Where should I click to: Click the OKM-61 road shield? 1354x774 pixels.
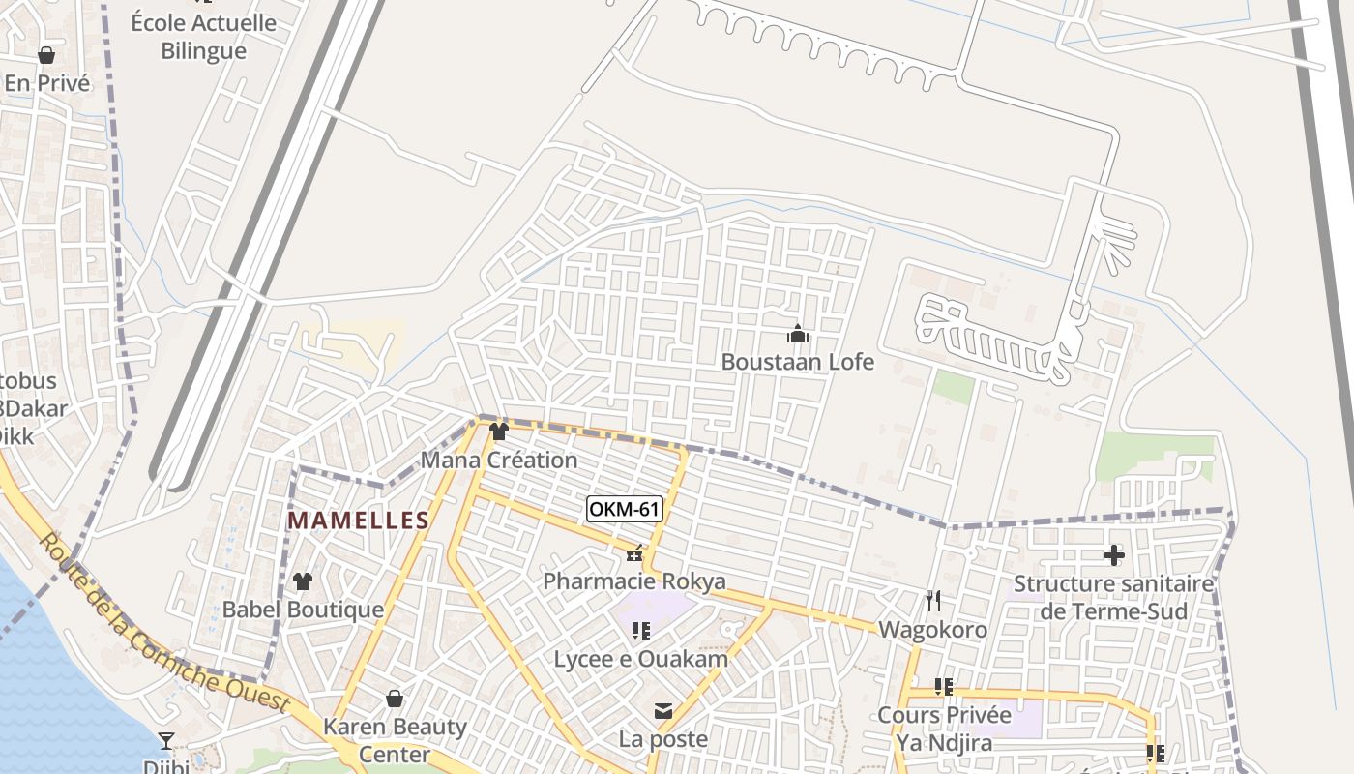[624, 508]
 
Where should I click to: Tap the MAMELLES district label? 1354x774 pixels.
[358, 521]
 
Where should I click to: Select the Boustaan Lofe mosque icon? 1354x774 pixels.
[798, 335]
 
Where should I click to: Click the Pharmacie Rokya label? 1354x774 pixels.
[633, 581]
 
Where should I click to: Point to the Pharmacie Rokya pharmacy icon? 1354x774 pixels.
[634, 554]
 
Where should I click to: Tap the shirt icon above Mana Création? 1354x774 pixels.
[498, 432]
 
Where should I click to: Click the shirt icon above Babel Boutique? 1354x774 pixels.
[303, 581]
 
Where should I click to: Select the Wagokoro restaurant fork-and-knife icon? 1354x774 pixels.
[932, 601]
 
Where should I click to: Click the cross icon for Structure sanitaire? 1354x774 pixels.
[1113, 555]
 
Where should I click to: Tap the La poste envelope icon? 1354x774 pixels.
[663, 712]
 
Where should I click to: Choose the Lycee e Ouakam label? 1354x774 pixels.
[640, 659]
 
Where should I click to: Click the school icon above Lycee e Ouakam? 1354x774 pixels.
[640, 631]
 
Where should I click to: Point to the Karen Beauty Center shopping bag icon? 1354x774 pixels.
[395, 698]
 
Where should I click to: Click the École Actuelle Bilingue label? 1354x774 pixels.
[203, 37]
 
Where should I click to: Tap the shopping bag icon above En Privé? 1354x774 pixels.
[45, 55]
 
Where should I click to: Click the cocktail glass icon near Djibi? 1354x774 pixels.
[166, 741]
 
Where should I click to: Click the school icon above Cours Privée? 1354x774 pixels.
[944, 687]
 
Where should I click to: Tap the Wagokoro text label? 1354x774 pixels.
[932, 630]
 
